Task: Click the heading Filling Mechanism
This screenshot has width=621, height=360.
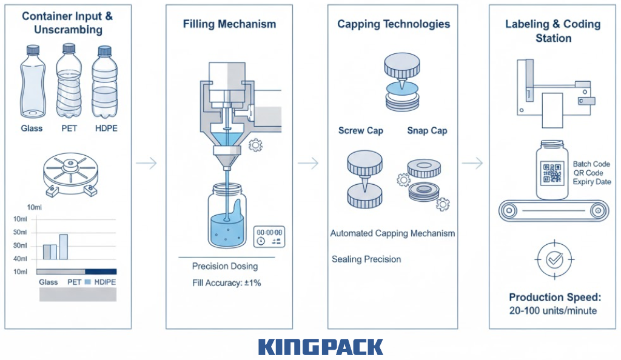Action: pos(229,24)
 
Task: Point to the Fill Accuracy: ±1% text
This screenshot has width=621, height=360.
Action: pos(226,283)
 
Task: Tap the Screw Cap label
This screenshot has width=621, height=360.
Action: pos(360,131)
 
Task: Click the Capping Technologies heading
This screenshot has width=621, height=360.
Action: pos(394,24)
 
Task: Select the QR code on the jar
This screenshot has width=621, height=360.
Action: pos(552,173)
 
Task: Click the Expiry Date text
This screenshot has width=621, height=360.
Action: pos(592,182)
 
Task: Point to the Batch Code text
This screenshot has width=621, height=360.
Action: pos(591,164)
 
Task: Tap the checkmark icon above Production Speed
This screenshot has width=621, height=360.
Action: pos(554,260)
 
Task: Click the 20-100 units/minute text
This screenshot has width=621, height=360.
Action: pos(553,311)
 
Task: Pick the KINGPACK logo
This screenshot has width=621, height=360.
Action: pos(320,347)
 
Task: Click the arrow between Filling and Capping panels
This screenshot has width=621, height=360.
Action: pos(308,163)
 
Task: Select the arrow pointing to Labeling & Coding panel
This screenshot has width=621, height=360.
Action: pos(472,163)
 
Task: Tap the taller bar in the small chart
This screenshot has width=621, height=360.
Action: pos(63,247)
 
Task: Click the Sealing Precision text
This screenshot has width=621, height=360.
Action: pos(366,259)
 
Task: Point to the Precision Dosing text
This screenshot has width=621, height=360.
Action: pos(225,266)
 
